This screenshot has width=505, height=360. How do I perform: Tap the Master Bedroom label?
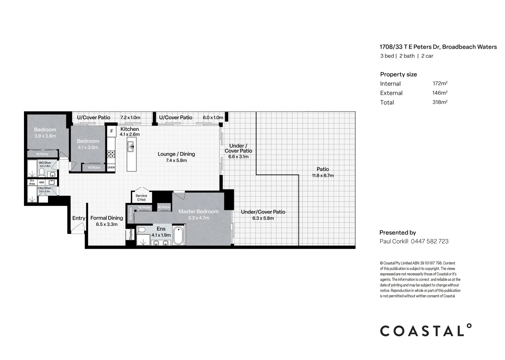click(198, 211)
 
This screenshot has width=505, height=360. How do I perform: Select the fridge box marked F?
click(111, 131)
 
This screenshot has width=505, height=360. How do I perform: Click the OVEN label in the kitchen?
click(111, 168)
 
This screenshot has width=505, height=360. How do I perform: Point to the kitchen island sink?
click(130, 146)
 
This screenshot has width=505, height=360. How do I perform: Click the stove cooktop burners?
click(111, 154)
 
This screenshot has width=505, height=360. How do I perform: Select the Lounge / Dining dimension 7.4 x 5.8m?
click(176, 160)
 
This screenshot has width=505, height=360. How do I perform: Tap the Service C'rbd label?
click(141, 198)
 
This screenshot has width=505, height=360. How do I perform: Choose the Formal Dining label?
click(107, 218)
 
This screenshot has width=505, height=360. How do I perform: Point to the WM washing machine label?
click(41, 182)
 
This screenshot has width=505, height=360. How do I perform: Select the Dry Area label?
click(32, 182)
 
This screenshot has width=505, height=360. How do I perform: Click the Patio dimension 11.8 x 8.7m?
click(323, 176)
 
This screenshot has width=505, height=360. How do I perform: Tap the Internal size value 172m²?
click(440, 83)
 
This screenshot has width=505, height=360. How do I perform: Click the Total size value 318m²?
click(440, 102)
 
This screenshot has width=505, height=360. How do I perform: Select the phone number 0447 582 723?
click(430, 241)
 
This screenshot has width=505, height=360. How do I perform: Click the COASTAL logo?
click(426, 330)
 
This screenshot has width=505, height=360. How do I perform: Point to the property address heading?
click(438, 47)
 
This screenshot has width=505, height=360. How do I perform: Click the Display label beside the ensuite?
click(131, 234)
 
